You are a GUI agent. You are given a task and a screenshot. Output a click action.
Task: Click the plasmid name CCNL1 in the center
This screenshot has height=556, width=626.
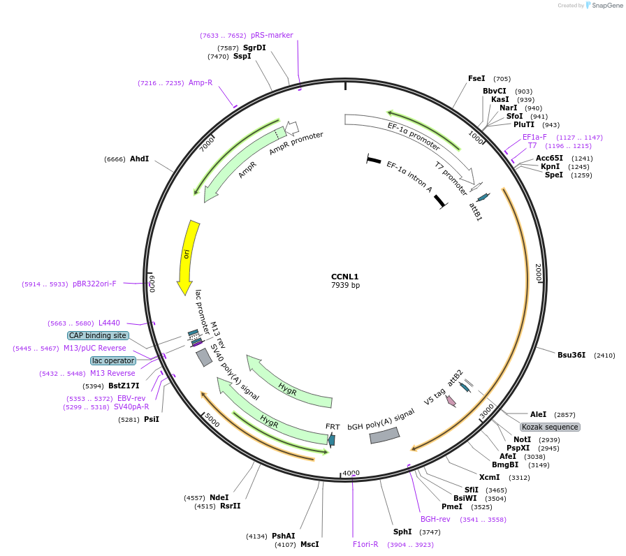coord(345,277)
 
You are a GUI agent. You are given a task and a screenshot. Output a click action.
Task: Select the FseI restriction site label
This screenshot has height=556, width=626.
coord(476,79)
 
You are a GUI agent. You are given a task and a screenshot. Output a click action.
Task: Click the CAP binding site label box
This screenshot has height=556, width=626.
coord(98,335)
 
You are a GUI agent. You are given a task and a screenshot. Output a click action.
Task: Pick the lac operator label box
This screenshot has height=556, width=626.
coord(113,360)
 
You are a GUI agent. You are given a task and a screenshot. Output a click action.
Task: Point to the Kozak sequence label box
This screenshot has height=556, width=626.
coord(550,427)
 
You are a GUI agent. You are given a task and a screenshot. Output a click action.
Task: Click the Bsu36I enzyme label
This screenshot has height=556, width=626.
coord(571,356)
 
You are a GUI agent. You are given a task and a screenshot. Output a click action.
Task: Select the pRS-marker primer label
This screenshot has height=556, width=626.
coord(272,35)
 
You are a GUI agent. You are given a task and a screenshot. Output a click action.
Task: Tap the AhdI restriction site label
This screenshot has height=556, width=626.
coord(139,159)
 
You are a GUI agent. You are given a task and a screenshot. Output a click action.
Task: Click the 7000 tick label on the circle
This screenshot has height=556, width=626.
coord(208,144)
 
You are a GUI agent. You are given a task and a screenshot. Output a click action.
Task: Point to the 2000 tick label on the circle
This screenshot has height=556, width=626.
coord(539,272)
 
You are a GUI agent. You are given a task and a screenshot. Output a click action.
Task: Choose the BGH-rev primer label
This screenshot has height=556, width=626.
coord(435,520)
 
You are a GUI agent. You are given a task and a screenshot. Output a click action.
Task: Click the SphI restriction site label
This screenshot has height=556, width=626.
coord(402,532)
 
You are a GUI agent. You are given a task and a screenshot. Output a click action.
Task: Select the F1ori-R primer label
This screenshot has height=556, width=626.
coord(365,544)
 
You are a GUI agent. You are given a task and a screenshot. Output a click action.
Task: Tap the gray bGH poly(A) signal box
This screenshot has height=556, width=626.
coord(384,434)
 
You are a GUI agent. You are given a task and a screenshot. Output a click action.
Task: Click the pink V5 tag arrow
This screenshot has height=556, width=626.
coord(451,401)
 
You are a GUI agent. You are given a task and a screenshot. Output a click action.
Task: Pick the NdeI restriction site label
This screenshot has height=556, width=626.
coord(219,497)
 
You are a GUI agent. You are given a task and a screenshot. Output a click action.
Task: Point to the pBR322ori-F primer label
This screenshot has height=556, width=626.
coord(94,284)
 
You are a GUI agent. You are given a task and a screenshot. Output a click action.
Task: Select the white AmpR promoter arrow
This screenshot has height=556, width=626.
coord(292,127)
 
